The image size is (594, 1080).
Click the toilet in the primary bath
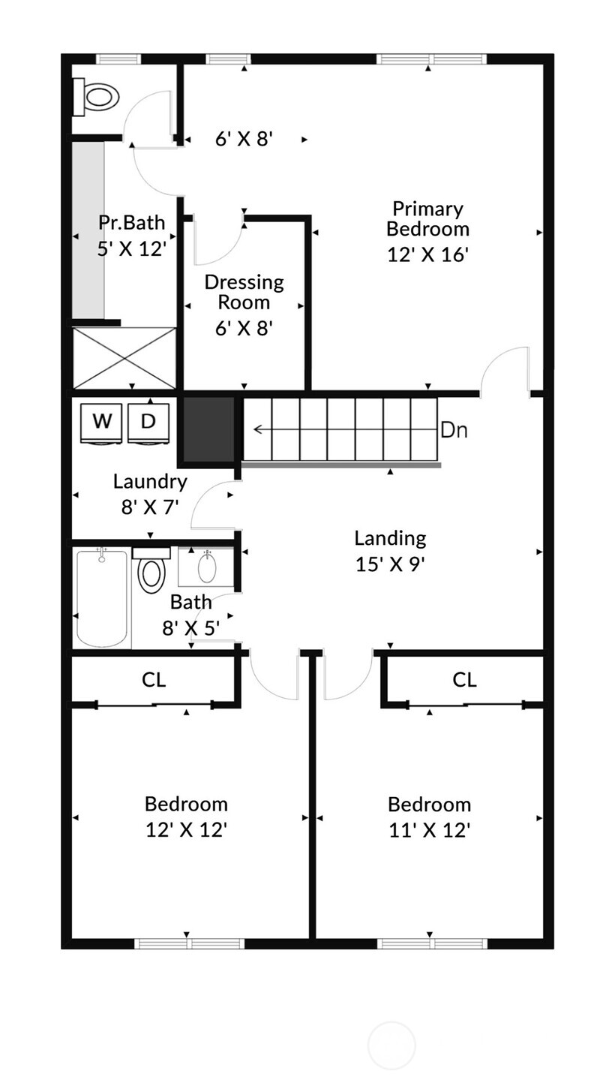click(x=97, y=97)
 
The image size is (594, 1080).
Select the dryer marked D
click(x=148, y=422)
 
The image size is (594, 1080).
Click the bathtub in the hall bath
click(x=102, y=597)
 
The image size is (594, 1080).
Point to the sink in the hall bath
click(x=207, y=567)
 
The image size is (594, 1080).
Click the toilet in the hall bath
click(x=151, y=572)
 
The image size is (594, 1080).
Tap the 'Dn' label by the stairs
click(x=454, y=430)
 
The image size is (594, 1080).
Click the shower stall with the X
click(x=124, y=357)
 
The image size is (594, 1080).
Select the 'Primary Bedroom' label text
click(x=427, y=218)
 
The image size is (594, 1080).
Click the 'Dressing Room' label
click(x=244, y=292)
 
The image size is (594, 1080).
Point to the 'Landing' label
click(x=390, y=538)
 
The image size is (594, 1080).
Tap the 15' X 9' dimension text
click(x=390, y=564)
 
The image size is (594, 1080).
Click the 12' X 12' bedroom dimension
click(x=186, y=830)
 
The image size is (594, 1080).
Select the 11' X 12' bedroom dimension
click(x=429, y=830)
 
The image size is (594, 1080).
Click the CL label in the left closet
click(x=154, y=680)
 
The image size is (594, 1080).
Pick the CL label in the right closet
click(x=464, y=680)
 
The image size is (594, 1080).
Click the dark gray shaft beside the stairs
click(x=209, y=429)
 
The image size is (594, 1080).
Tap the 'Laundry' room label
click(x=150, y=481)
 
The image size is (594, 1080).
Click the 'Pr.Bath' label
click(x=131, y=222)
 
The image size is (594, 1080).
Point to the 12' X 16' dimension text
click(x=427, y=254)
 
